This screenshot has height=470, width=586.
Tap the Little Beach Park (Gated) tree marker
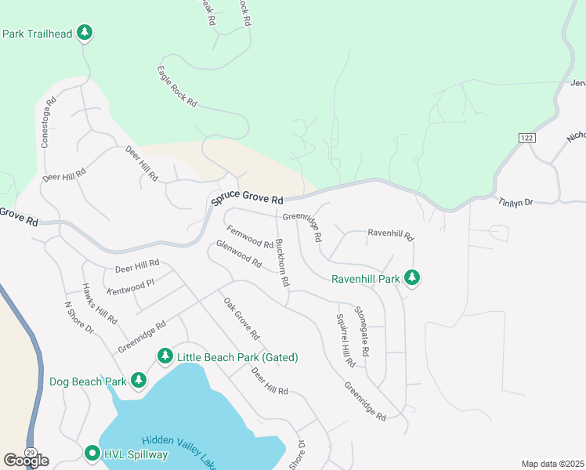point(165,356)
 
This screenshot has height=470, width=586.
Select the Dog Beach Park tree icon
point(139,381)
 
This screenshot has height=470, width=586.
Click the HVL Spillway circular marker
point(92,453)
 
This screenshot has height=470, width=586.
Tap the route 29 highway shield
point(30,453)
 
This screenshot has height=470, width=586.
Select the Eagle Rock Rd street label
point(176,87)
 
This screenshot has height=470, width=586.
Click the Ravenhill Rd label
point(389,233)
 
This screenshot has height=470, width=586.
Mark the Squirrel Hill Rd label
point(345,341)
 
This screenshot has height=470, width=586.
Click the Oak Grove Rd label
point(241,319)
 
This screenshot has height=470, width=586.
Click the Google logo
point(26,460)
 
